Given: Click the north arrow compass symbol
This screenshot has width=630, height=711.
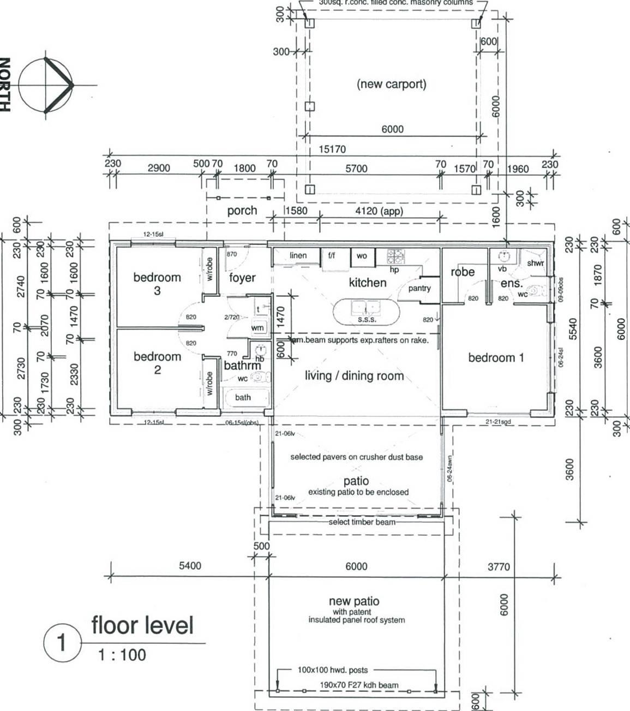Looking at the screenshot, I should click(46, 85).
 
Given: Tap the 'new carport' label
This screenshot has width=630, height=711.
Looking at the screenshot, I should click(391, 84).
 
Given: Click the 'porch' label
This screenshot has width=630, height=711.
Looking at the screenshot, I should click(242, 211).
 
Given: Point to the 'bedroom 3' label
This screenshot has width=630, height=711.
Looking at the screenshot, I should click(157, 283).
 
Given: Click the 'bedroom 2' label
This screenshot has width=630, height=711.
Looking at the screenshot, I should click(157, 362).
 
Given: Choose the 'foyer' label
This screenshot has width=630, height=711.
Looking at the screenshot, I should click(242, 278).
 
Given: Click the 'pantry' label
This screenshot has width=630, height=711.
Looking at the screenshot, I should click(419, 288).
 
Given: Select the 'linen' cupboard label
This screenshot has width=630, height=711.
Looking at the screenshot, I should click(298, 255).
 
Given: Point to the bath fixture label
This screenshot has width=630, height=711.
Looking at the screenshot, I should click(243, 397).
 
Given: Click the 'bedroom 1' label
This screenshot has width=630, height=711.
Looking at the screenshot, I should click(496, 358).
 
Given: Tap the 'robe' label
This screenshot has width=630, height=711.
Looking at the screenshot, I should click(462, 272).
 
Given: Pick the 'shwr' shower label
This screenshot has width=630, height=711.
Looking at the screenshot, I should click(535, 263).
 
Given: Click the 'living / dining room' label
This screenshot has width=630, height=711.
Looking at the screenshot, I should click(354, 375).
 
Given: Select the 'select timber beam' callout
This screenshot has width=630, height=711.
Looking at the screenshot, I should click(362, 522).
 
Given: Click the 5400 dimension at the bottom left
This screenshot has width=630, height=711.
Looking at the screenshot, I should click(190, 566).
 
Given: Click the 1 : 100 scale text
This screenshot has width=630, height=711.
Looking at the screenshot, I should click(122, 655).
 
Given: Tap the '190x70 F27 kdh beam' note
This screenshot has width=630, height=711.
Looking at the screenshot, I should click(359, 685).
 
